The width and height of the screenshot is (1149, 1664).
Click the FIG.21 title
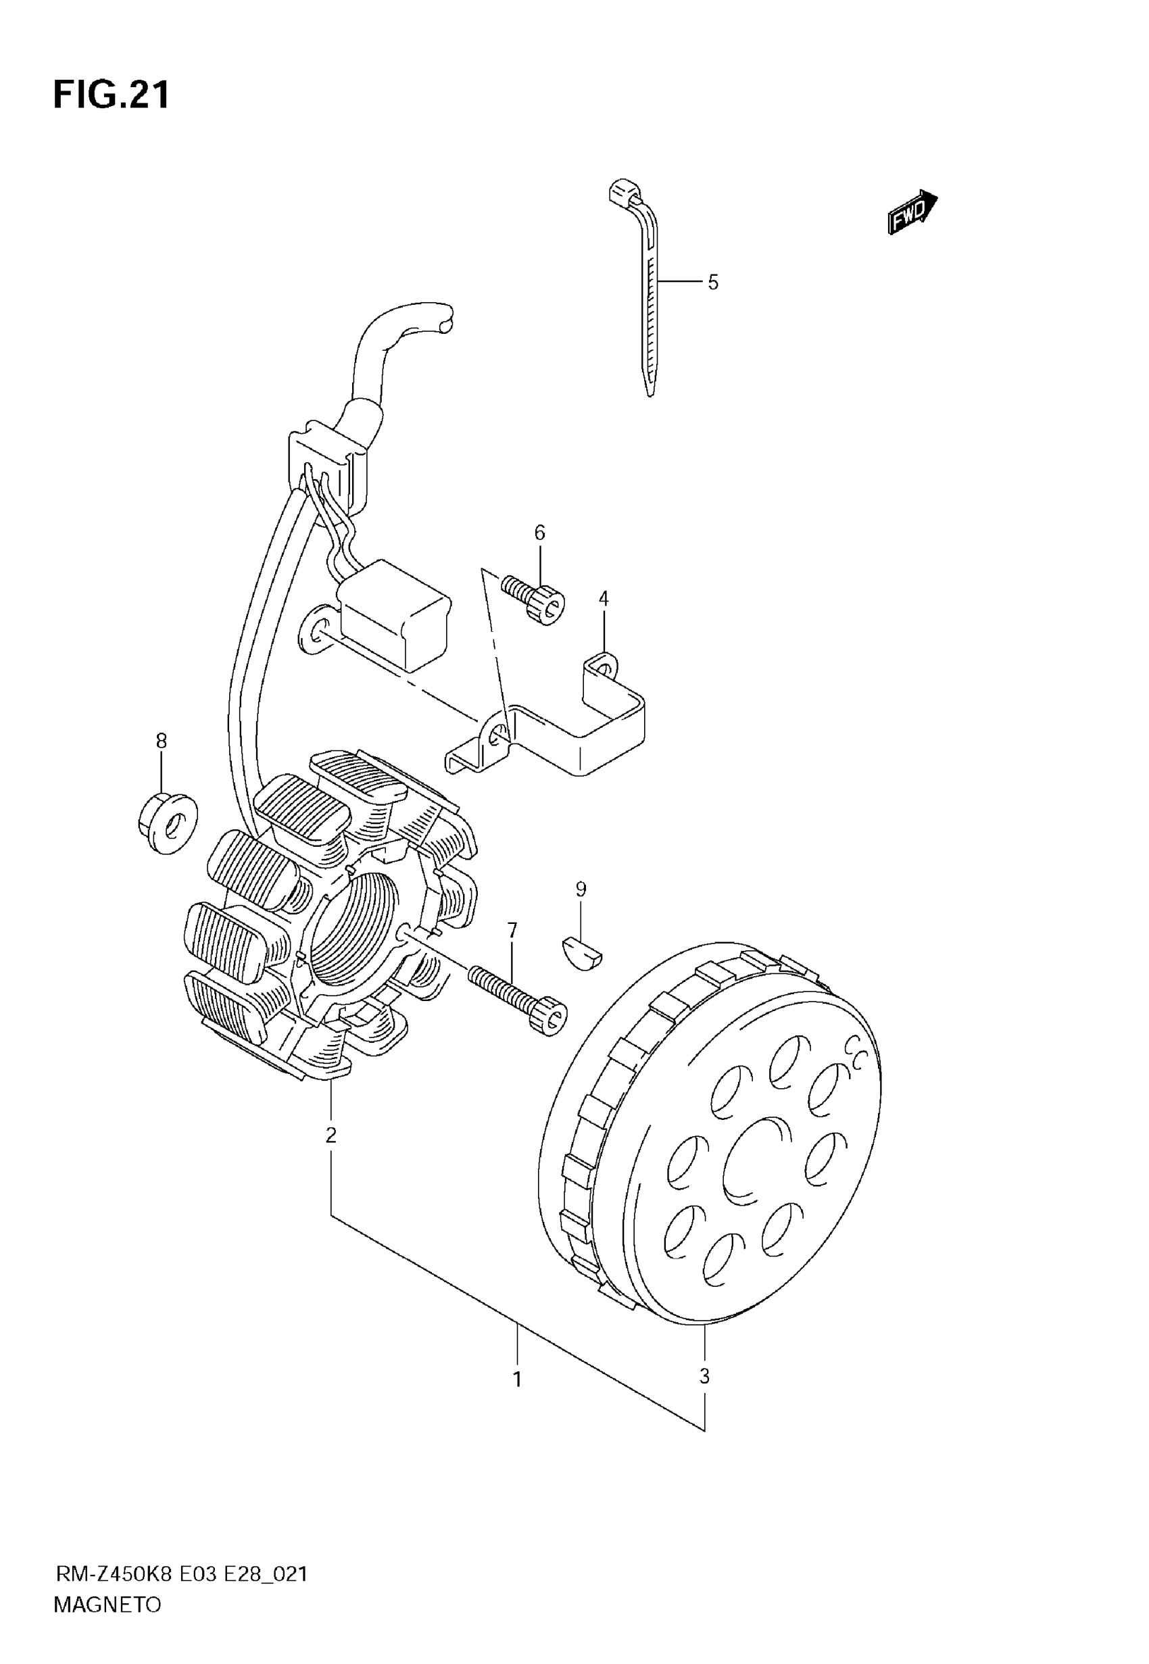(112, 95)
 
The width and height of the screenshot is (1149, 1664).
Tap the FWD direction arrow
(912, 212)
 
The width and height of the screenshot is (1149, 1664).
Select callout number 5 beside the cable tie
(713, 283)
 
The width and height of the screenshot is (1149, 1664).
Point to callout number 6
(540, 533)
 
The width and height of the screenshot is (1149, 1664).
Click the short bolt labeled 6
(537, 599)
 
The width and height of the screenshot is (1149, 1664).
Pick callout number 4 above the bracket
(604, 598)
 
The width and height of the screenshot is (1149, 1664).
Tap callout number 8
(162, 741)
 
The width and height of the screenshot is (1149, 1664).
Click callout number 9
(581, 889)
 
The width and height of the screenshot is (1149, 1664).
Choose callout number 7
(512, 931)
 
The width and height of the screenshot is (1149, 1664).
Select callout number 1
(517, 1379)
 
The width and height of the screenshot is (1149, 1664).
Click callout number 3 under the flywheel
(704, 1376)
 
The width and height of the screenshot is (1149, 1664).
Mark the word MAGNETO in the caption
(107, 1605)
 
